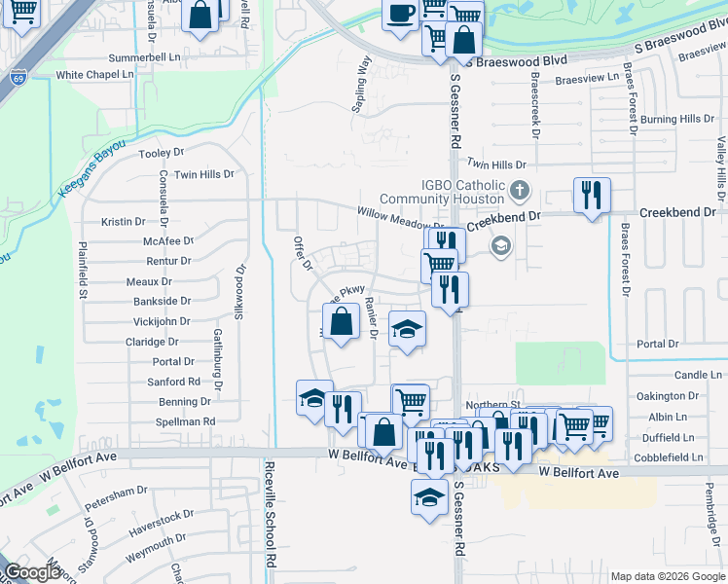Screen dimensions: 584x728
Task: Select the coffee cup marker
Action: (401, 14)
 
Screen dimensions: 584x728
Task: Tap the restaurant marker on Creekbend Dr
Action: (591, 196)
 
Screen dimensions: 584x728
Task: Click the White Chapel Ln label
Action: (95, 75)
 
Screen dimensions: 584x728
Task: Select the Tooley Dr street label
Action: (162, 154)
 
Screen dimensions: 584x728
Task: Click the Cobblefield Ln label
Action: (668, 457)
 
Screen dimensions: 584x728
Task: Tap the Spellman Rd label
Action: (185, 421)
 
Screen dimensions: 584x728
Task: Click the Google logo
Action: (33, 573)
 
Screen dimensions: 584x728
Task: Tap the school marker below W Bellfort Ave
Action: (426, 497)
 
